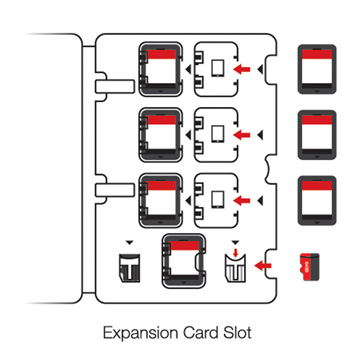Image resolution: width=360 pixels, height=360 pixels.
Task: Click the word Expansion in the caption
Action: (x=141, y=333)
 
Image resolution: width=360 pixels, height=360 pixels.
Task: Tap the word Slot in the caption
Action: (x=237, y=333)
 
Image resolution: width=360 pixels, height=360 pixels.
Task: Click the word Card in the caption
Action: (x=200, y=333)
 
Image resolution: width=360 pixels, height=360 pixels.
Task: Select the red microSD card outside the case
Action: (x=310, y=267)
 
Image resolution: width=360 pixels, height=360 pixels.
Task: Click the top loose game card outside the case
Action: (x=317, y=69)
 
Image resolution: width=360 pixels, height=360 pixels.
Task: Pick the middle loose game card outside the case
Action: (x=317, y=135)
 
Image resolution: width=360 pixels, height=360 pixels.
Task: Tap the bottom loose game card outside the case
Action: (x=317, y=201)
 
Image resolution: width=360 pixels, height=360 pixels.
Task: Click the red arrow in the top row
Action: (x=242, y=69)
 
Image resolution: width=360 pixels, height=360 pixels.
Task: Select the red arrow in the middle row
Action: (x=242, y=135)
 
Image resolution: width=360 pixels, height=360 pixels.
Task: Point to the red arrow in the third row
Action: (x=242, y=201)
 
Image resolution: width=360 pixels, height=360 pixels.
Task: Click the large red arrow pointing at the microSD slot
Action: (x=263, y=266)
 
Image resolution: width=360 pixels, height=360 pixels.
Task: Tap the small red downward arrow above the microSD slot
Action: (x=236, y=253)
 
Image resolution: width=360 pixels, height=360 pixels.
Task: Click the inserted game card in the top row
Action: (x=161, y=69)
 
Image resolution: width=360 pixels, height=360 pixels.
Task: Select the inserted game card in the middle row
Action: (x=161, y=135)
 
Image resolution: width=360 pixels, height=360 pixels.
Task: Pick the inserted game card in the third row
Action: (x=161, y=201)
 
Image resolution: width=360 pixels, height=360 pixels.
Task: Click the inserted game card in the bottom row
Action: (x=183, y=261)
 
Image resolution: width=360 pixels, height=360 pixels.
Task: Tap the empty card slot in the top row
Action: (x=217, y=69)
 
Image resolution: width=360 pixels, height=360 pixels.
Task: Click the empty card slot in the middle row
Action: (x=217, y=135)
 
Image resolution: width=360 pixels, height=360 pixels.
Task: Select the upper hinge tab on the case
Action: (x=115, y=86)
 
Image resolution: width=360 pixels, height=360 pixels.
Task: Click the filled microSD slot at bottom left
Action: (x=130, y=268)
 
